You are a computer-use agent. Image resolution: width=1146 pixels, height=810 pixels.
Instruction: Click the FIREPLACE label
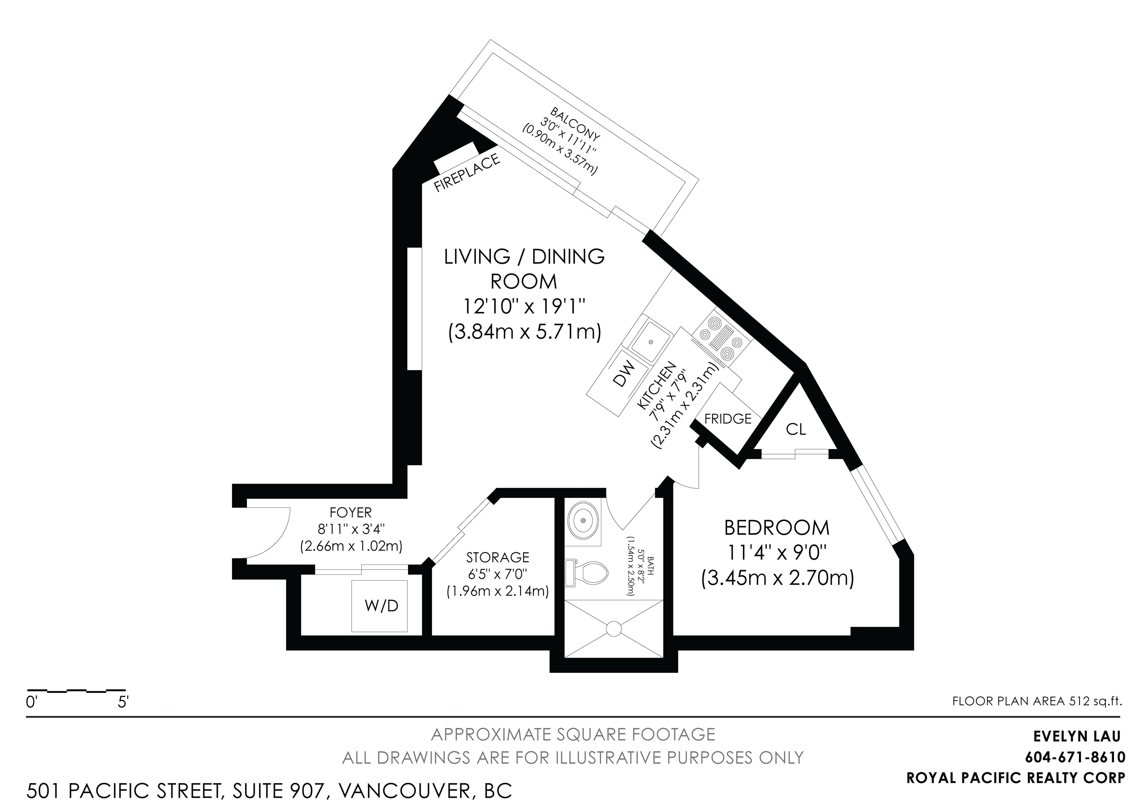coord(467,173)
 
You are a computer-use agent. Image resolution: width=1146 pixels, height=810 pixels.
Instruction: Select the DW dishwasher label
coord(623,373)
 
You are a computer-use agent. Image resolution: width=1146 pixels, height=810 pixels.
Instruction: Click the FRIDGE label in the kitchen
coord(728,419)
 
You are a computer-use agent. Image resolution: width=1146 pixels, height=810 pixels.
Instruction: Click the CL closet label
coord(796,429)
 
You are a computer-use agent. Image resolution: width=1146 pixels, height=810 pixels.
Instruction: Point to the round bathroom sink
coord(583,520)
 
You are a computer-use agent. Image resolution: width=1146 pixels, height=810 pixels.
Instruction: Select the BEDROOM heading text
coord(777,528)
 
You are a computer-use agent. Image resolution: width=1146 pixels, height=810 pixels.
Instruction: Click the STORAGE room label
coord(498,557)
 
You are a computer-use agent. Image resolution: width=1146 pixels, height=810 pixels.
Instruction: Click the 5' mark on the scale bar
coord(123,703)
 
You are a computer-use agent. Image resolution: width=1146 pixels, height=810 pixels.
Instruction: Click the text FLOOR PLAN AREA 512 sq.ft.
coord(1037,701)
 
